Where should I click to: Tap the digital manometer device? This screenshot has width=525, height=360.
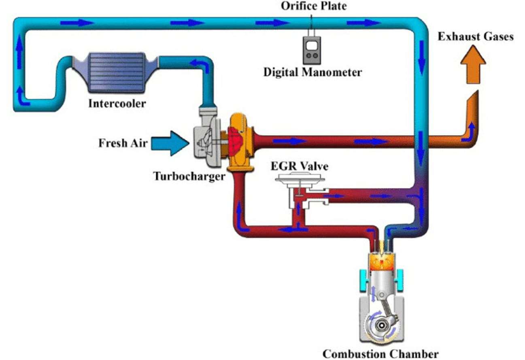[x=311, y=49]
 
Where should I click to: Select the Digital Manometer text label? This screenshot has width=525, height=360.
[x=312, y=72]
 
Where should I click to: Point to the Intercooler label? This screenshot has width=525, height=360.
[x=117, y=103]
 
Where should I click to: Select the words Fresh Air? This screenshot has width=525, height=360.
[x=123, y=143]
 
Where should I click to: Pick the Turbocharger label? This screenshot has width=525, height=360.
[x=189, y=176]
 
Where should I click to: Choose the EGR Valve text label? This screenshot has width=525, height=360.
[x=300, y=166]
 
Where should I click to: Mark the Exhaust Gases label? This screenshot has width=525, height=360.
[x=476, y=37]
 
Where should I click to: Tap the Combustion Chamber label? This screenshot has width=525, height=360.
[x=380, y=354]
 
